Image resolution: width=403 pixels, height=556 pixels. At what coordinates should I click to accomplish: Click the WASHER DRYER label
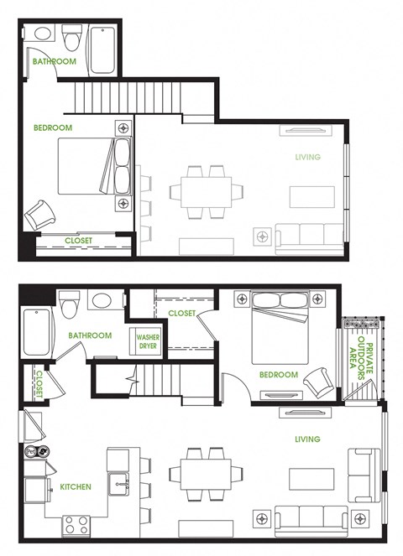pos(148,341)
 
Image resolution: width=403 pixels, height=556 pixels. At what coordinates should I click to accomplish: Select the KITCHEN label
pos(76,486)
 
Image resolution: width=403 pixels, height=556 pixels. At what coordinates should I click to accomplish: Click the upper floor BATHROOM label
pos(54,62)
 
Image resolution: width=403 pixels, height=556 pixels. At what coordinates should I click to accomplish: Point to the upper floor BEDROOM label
pos(52,128)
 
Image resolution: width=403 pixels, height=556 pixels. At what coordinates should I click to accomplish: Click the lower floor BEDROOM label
pos(278,375)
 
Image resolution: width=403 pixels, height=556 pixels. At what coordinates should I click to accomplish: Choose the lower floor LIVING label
pos(307,439)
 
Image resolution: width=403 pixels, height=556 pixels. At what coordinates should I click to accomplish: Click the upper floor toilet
pos(71,38)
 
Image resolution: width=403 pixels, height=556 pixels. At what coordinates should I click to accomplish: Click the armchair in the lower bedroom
pos(317,381)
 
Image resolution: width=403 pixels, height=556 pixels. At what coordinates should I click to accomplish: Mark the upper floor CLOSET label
pos(78,242)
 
